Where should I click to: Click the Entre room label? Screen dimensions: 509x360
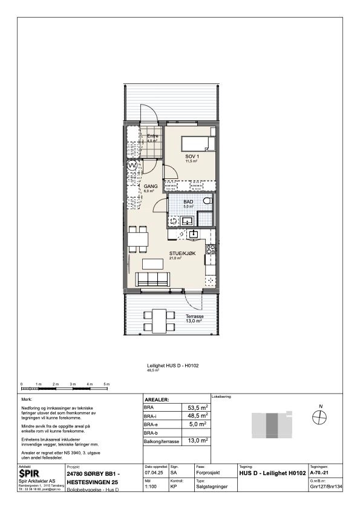point(152,137)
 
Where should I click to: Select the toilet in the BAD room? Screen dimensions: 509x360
point(207,201)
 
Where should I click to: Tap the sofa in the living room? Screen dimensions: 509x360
point(152,279)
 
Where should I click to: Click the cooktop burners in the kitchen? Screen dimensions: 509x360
point(211,248)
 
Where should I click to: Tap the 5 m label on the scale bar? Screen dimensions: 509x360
point(106,384)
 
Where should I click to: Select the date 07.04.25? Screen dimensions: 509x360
point(154,473)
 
